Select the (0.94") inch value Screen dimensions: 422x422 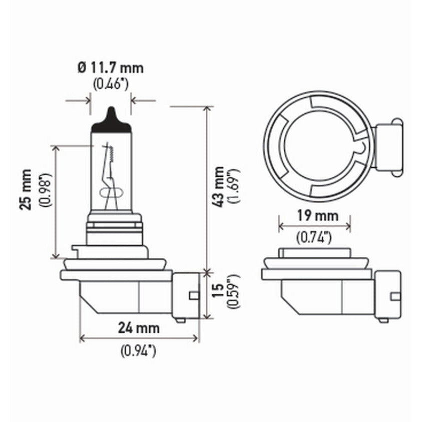139,351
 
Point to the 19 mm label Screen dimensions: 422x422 315,216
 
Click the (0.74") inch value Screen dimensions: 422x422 315,237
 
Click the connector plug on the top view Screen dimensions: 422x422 387,146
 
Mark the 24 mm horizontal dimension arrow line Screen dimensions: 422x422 139,339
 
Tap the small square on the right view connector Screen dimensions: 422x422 395,296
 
